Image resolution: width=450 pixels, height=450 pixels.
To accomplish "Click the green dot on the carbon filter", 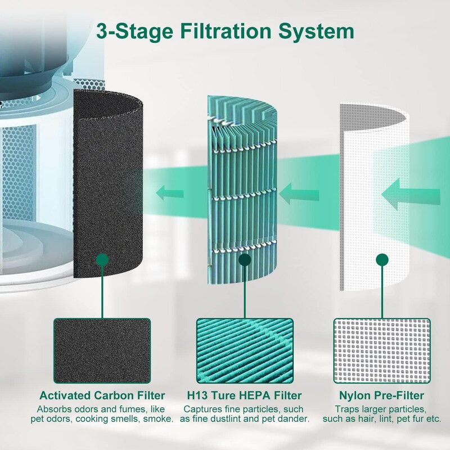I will [102, 260].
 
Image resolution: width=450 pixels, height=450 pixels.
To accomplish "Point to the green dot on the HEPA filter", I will [244, 260].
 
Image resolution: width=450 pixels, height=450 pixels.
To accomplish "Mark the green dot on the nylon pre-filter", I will [382, 259].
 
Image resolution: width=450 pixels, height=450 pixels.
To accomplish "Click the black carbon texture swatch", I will [102, 349].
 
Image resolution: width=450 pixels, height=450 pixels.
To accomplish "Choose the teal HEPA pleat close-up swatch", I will [244, 349].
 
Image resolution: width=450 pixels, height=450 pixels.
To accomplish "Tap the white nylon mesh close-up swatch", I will [382, 349].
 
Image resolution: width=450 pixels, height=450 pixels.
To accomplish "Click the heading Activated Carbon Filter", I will [102, 395].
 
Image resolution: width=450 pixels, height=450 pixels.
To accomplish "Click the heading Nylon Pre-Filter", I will [382, 395].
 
